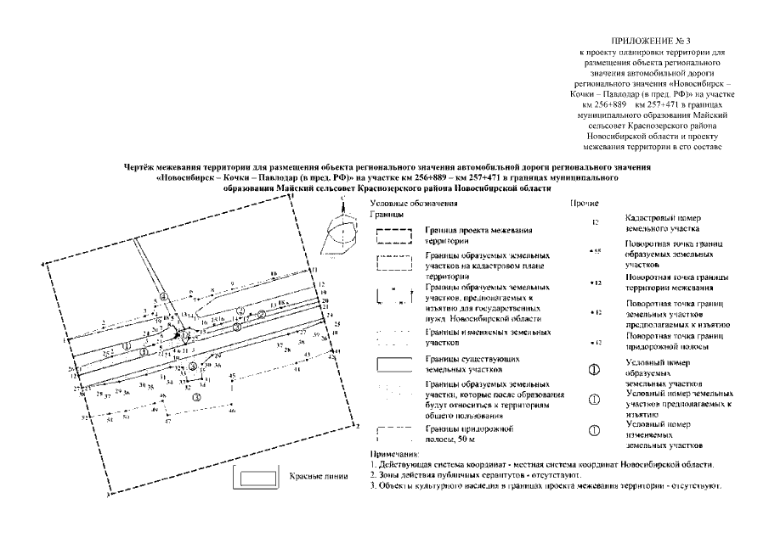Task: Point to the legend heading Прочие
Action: tap(585, 204)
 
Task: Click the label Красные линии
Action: tap(319, 476)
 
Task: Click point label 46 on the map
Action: tap(231, 411)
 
